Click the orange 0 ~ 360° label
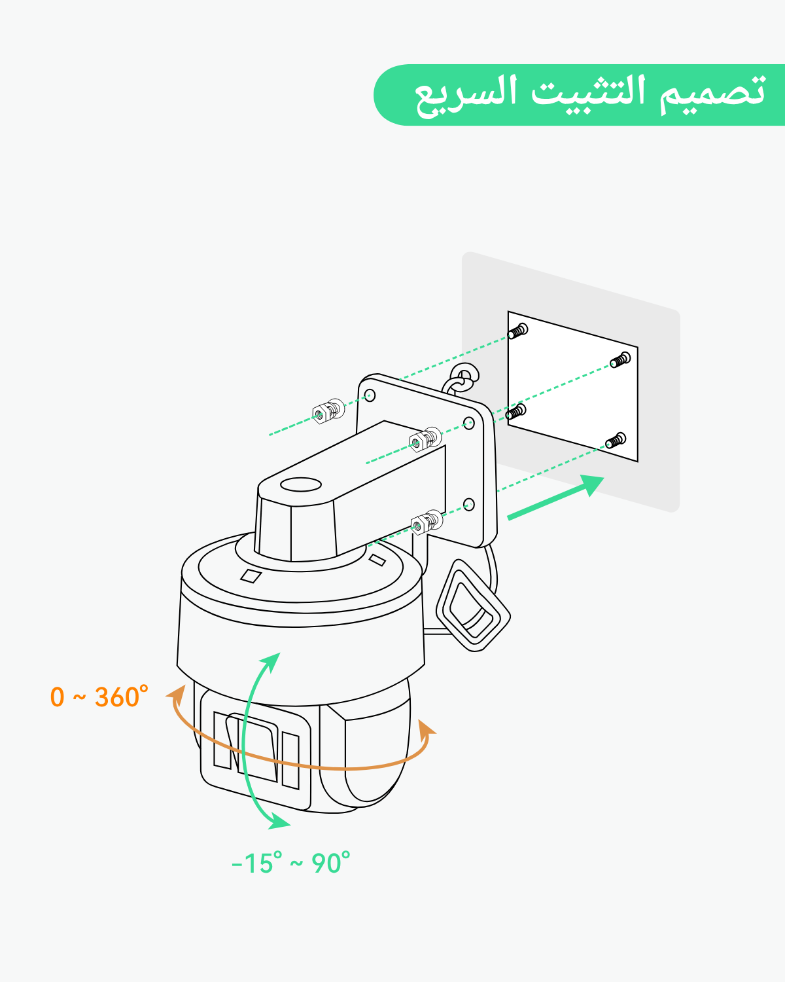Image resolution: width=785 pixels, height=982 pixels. (99, 697)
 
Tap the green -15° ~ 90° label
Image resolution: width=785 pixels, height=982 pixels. (291, 863)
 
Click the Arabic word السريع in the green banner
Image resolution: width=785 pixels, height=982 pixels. (466, 96)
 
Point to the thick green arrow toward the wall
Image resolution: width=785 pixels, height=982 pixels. (555, 498)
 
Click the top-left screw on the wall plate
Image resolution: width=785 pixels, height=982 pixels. (518, 331)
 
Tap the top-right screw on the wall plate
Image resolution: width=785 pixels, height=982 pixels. (620, 360)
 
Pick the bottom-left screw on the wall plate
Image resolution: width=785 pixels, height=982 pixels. (516, 412)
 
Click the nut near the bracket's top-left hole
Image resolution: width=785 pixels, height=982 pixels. (328, 410)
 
